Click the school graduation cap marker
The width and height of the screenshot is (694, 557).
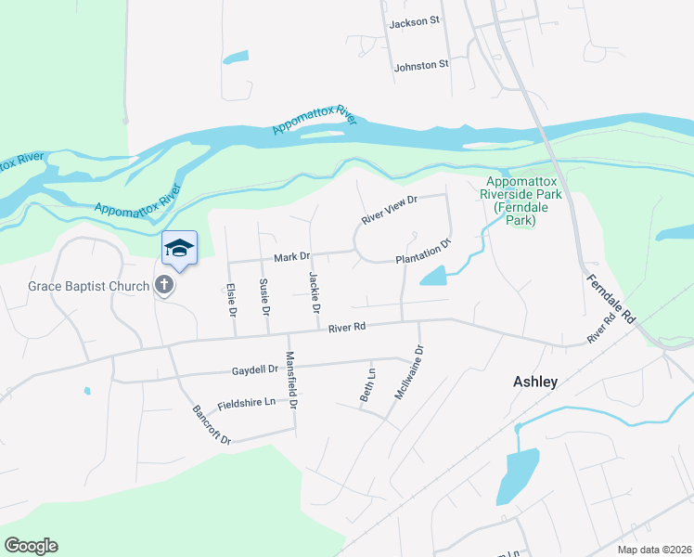pos(179,248)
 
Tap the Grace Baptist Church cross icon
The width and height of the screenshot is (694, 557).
pos(164,285)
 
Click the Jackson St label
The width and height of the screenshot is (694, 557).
pos(415,23)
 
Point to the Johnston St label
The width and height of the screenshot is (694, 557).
pos(421,65)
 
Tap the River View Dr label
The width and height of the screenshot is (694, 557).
pos(391,208)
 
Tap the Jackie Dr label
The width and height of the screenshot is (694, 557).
pos(315,291)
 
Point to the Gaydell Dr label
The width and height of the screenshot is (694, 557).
pos(255,369)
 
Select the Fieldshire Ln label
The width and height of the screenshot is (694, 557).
pos(246,403)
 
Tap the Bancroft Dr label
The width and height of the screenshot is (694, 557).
pos(211,424)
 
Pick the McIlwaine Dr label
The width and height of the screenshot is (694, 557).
pos(409,371)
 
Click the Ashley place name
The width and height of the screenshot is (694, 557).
pos(535,382)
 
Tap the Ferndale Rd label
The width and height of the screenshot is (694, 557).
pos(610,298)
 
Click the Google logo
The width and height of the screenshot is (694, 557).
pos(31,546)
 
